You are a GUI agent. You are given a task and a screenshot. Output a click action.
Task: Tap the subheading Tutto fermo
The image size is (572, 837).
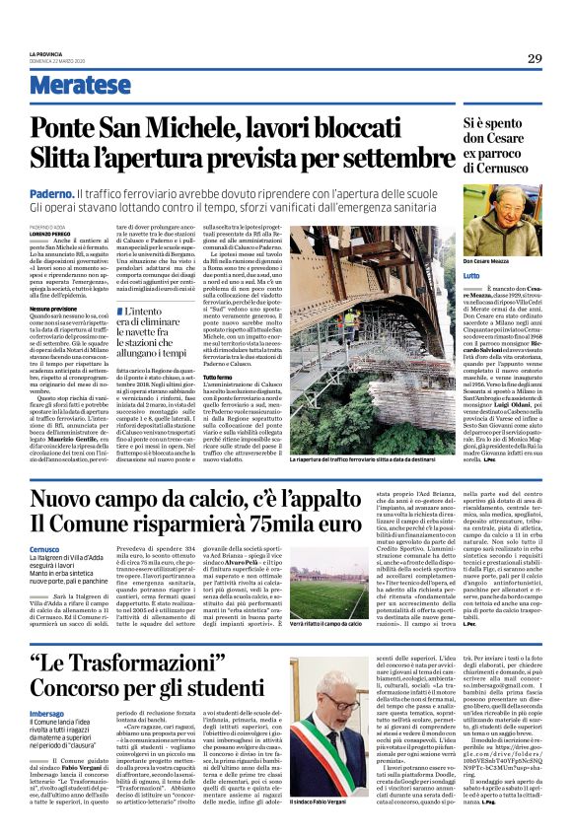tap(306, 378)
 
